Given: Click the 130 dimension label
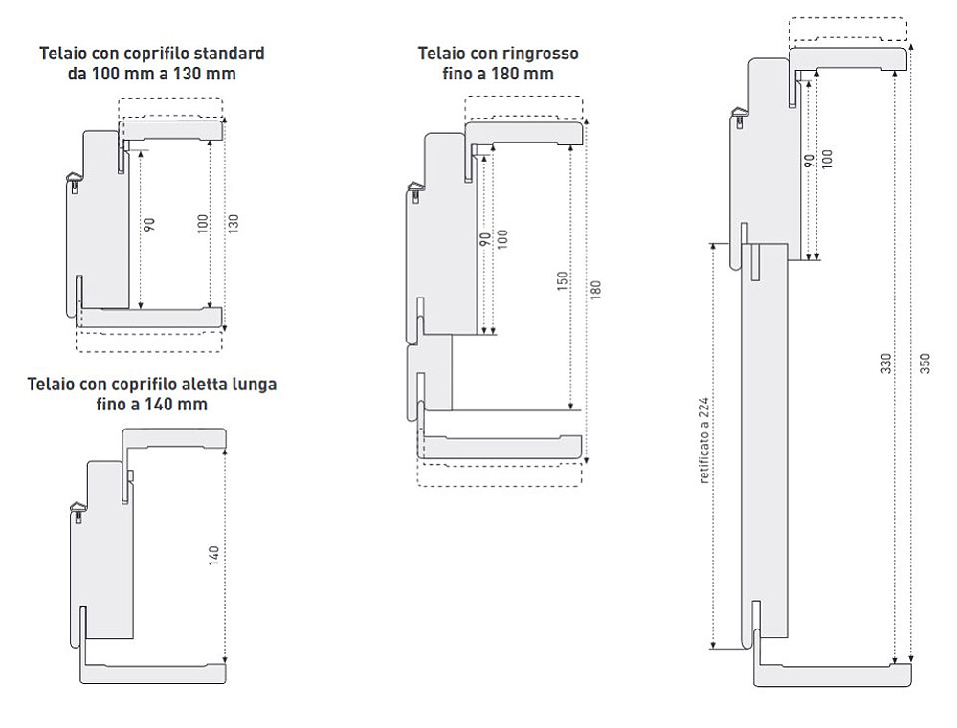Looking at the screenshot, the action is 234,223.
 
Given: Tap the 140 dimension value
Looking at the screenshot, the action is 213,555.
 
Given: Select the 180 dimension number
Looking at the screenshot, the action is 596,289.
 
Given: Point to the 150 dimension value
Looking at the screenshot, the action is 563,280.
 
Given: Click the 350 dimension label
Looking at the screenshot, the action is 924,364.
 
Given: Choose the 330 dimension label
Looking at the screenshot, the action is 886,364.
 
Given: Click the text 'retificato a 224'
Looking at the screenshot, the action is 704,441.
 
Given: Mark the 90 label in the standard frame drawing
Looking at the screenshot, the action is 150,225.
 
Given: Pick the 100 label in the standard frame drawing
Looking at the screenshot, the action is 203,223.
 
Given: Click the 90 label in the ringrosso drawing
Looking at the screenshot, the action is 486,238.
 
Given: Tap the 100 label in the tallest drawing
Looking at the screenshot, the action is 827,159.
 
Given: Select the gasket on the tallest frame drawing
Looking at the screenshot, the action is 739,116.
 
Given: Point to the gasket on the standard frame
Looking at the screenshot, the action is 74,181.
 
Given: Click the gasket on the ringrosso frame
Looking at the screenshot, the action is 415,188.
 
